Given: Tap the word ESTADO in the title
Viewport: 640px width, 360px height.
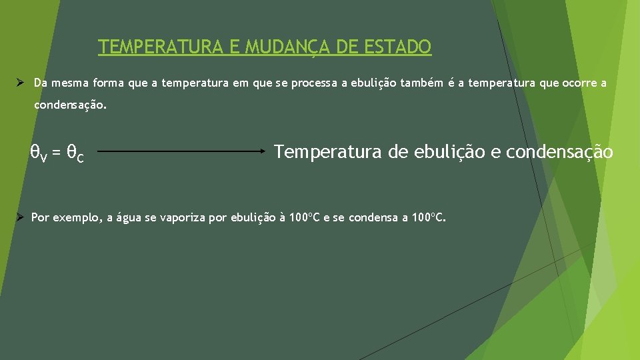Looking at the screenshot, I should click(x=399, y=47).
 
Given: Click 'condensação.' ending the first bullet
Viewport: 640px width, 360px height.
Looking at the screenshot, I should click(x=70, y=105).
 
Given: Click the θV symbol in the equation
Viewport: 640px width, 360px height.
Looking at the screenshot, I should click(x=39, y=153).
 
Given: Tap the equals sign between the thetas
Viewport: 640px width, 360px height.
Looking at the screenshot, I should click(x=57, y=153).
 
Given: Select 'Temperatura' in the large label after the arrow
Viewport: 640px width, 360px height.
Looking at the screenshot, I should click(x=329, y=152).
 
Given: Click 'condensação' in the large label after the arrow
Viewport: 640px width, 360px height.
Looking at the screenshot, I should click(x=559, y=153).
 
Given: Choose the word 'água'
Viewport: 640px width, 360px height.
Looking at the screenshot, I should click(x=129, y=217).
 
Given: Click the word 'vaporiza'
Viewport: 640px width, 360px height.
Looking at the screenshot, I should click(x=183, y=218).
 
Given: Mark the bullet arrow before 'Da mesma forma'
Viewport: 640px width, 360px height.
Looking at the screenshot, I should click(x=21, y=83).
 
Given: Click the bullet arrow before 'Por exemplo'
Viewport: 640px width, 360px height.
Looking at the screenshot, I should click(x=21, y=217).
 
